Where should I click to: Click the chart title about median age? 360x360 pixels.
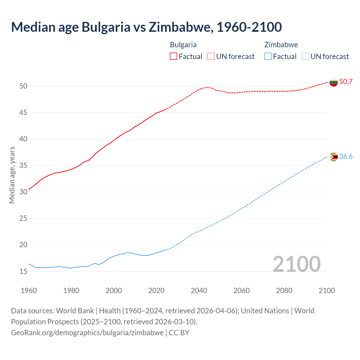pos(146,27)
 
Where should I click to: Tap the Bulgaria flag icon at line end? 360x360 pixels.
pos(334,82)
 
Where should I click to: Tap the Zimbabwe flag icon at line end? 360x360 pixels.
pos(334,157)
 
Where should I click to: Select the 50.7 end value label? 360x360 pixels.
pos(346,82)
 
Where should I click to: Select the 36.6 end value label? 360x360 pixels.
pos(346,157)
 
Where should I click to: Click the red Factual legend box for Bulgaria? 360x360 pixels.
pos(174,56)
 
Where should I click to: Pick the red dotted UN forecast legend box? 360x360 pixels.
pos(211,56)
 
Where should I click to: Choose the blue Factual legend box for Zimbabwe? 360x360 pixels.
pos(268,56)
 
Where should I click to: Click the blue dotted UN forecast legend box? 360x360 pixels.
pos(305,56)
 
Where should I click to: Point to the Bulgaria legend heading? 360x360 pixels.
pos(183,45)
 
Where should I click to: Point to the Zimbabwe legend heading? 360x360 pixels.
pos(281,45)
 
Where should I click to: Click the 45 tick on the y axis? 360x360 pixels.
pos(23,113)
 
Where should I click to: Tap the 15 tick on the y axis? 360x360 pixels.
pos(23,271)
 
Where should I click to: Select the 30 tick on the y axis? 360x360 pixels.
pos(23,192)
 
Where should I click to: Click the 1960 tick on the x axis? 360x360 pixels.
pos(29,291)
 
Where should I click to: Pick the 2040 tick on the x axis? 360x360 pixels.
pos(199,291)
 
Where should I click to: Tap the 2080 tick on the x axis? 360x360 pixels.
pos(284,291)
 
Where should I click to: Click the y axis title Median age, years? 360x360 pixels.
pos(12,175)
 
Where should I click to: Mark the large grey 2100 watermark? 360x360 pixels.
pos(296,264)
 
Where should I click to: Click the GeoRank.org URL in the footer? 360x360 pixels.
pos(87,333)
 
